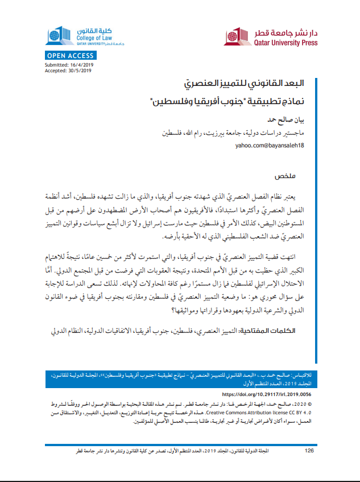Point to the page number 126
(309, 451)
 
